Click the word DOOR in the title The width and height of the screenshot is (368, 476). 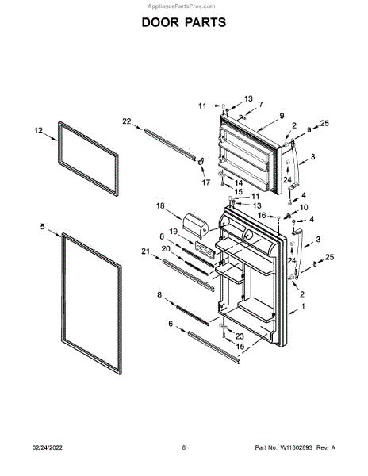pos(160,22)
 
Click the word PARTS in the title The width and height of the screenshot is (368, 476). pos(205,22)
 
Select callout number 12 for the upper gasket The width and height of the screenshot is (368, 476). pos(39,131)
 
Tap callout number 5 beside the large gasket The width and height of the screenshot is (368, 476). pos(43,226)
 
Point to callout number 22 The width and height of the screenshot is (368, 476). pos(127,121)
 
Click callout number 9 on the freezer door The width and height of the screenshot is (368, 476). pos(282,116)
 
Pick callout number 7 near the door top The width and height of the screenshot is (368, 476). pos(261,104)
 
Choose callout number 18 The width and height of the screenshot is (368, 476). pos(160,205)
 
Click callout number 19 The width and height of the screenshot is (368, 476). pos(173,232)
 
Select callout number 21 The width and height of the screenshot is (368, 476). pos(146,251)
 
